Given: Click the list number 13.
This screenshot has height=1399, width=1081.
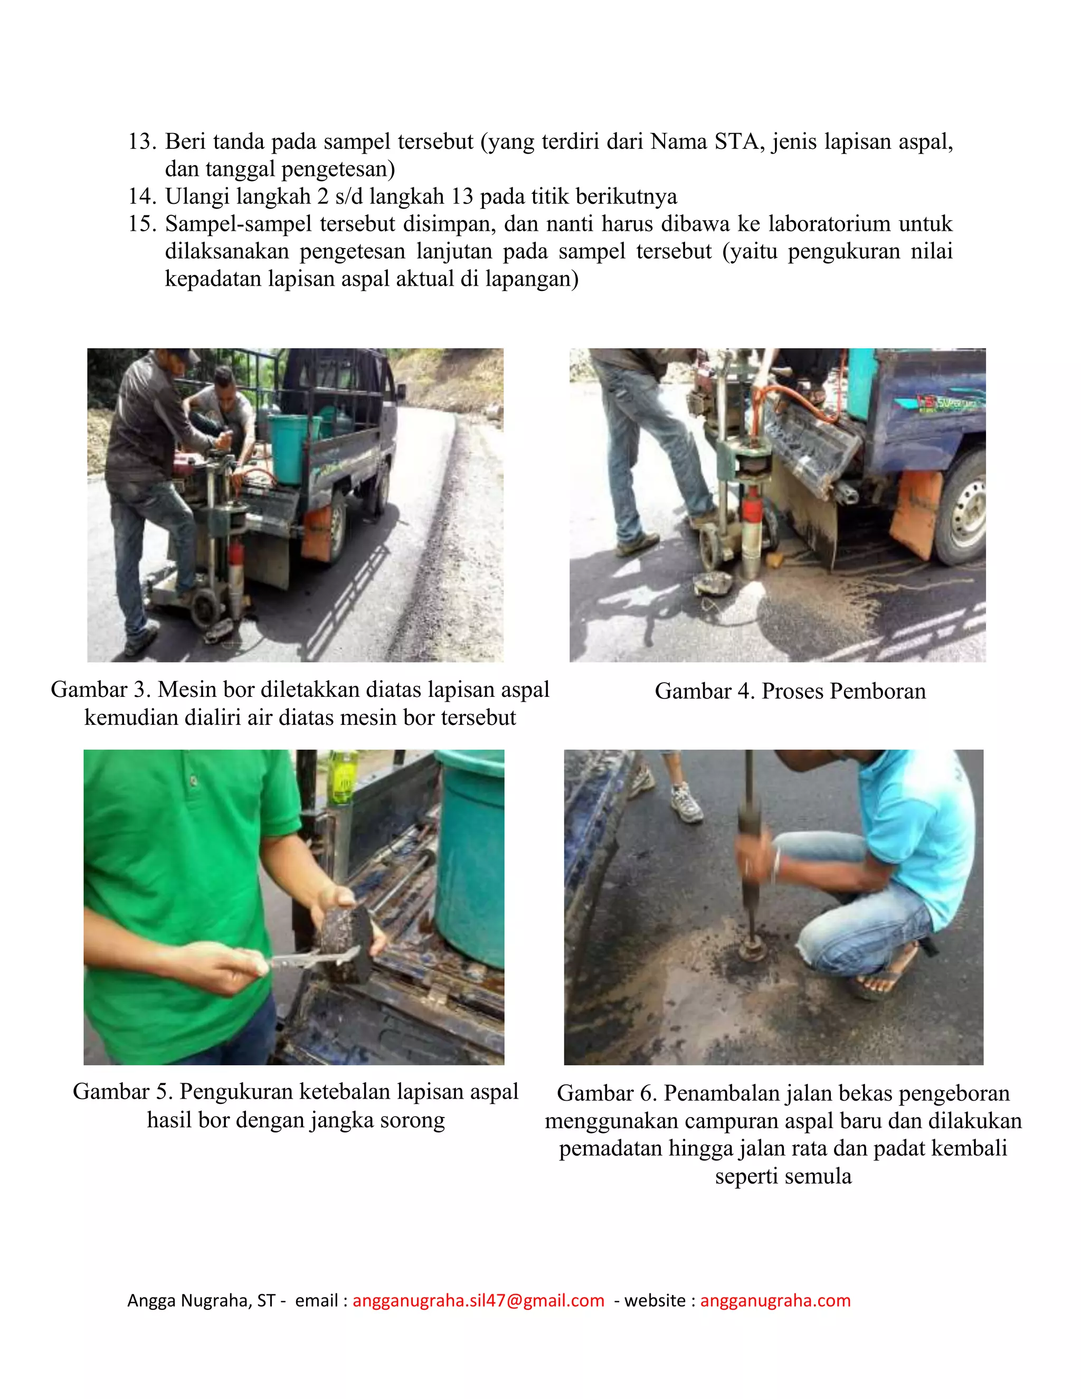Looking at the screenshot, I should point(141,142).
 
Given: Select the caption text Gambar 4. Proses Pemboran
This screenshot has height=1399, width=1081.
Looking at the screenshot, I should point(790,691).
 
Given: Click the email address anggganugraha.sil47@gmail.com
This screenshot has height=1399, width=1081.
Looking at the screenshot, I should point(478,1301).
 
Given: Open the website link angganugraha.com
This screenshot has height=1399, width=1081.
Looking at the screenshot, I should point(775,1301).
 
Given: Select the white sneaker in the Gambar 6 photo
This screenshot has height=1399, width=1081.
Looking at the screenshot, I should point(687,804).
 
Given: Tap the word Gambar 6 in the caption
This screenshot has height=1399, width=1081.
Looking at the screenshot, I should point(606,1093).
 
